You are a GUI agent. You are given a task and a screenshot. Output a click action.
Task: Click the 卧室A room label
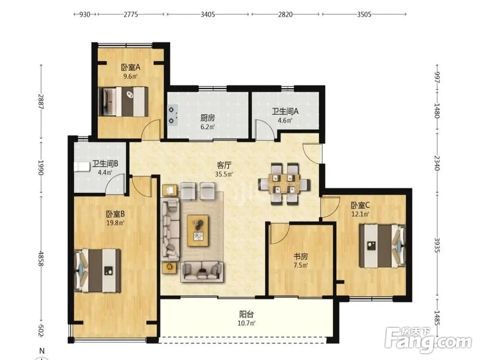(x=131, y=67)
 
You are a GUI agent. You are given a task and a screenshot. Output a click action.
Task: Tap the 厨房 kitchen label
(x=207, y=118)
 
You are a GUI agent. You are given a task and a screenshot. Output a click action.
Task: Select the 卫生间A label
(x=285, y=111)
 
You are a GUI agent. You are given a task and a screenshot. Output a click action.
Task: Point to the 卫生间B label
(x=105, y=164)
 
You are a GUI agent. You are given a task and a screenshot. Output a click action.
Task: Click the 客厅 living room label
(x=224, y=165)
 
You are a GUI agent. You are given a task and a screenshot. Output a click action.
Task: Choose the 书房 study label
(x=300, y=256)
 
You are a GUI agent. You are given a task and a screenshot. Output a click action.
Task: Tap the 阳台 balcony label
(x=246, y=314)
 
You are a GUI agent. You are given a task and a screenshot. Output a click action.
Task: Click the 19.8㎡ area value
(x=115, y=223)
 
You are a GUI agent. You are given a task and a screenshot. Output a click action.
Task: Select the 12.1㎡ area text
(x=360, y=214)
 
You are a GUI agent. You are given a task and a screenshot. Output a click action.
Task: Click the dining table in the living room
(x=284, y=184)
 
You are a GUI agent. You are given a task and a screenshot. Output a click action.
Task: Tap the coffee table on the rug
(x=198, y=230)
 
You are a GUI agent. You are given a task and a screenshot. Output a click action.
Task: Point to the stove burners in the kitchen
(x=172, y=115)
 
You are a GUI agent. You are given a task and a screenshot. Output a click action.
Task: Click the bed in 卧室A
(x=123, y=102)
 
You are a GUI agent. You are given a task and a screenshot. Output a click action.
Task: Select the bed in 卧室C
(x=383, y=246)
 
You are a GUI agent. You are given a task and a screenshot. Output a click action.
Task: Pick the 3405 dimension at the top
(x=207, y=14)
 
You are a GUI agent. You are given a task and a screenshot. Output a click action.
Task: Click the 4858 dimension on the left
(x=41, y=259)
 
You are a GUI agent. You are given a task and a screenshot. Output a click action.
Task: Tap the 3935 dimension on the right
(x=437, y=245)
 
